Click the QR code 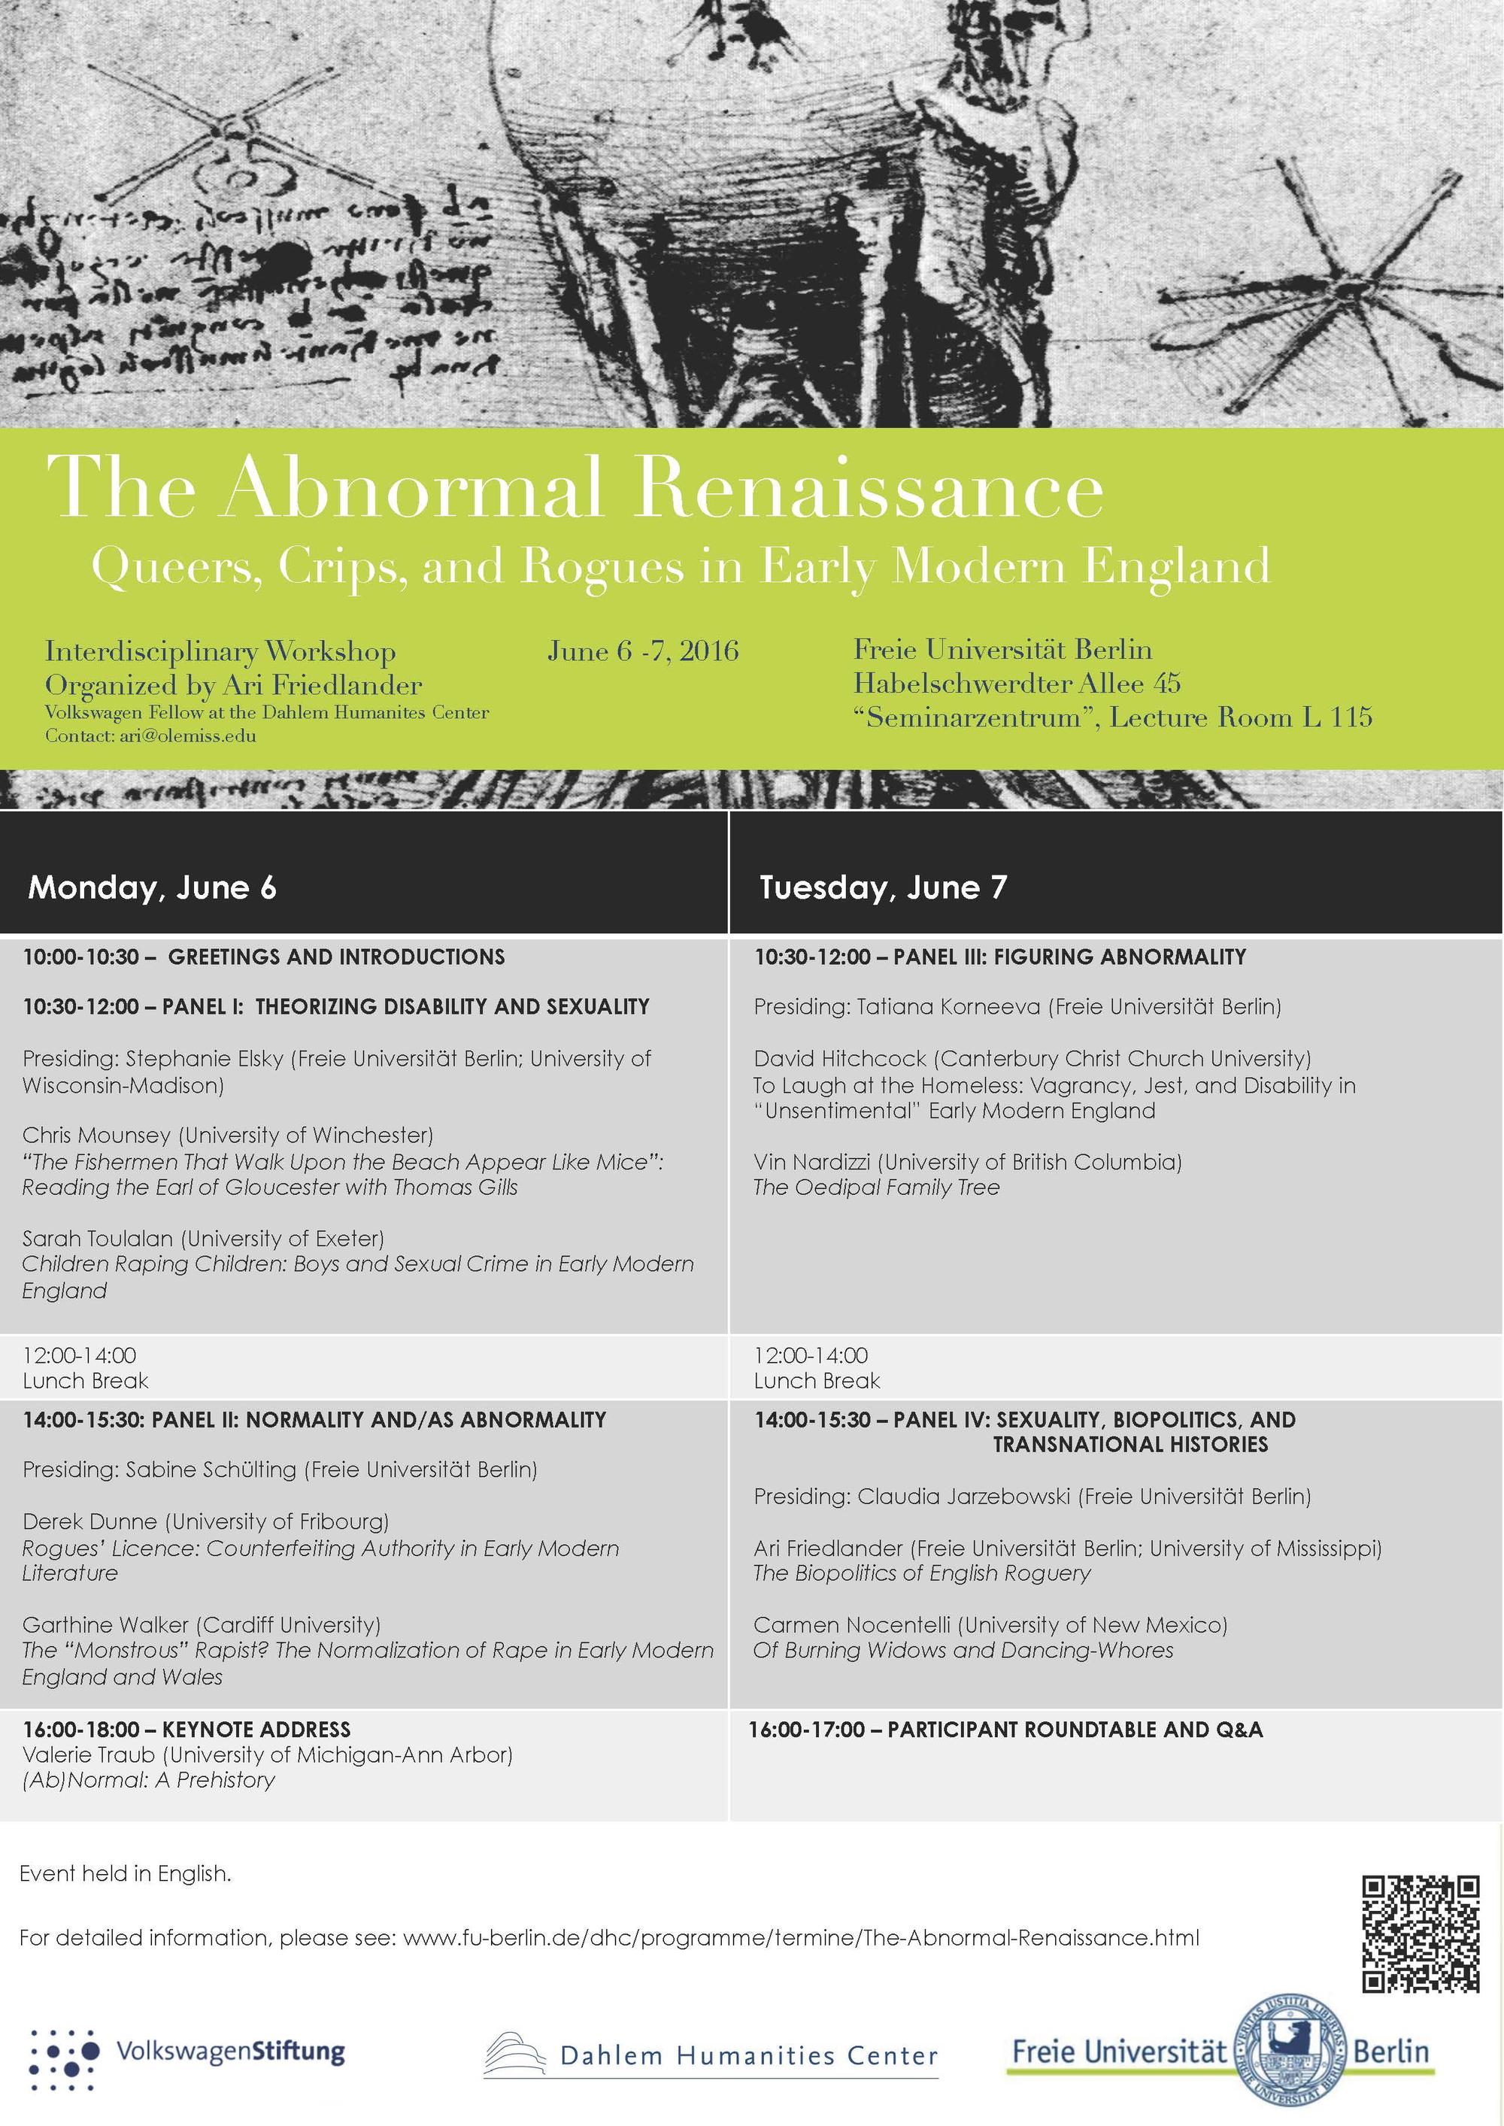[1420, 1933]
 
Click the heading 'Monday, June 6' [153, 887]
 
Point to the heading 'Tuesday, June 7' [883, 887]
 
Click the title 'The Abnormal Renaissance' [575, 488]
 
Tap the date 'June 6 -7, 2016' [643, 651]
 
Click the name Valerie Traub [89, 1754]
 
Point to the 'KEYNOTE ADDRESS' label [256, 1729]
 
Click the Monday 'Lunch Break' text [85, 1381]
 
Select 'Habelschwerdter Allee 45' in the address [1016, 684]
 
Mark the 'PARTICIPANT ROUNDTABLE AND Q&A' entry [1075, 1729]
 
